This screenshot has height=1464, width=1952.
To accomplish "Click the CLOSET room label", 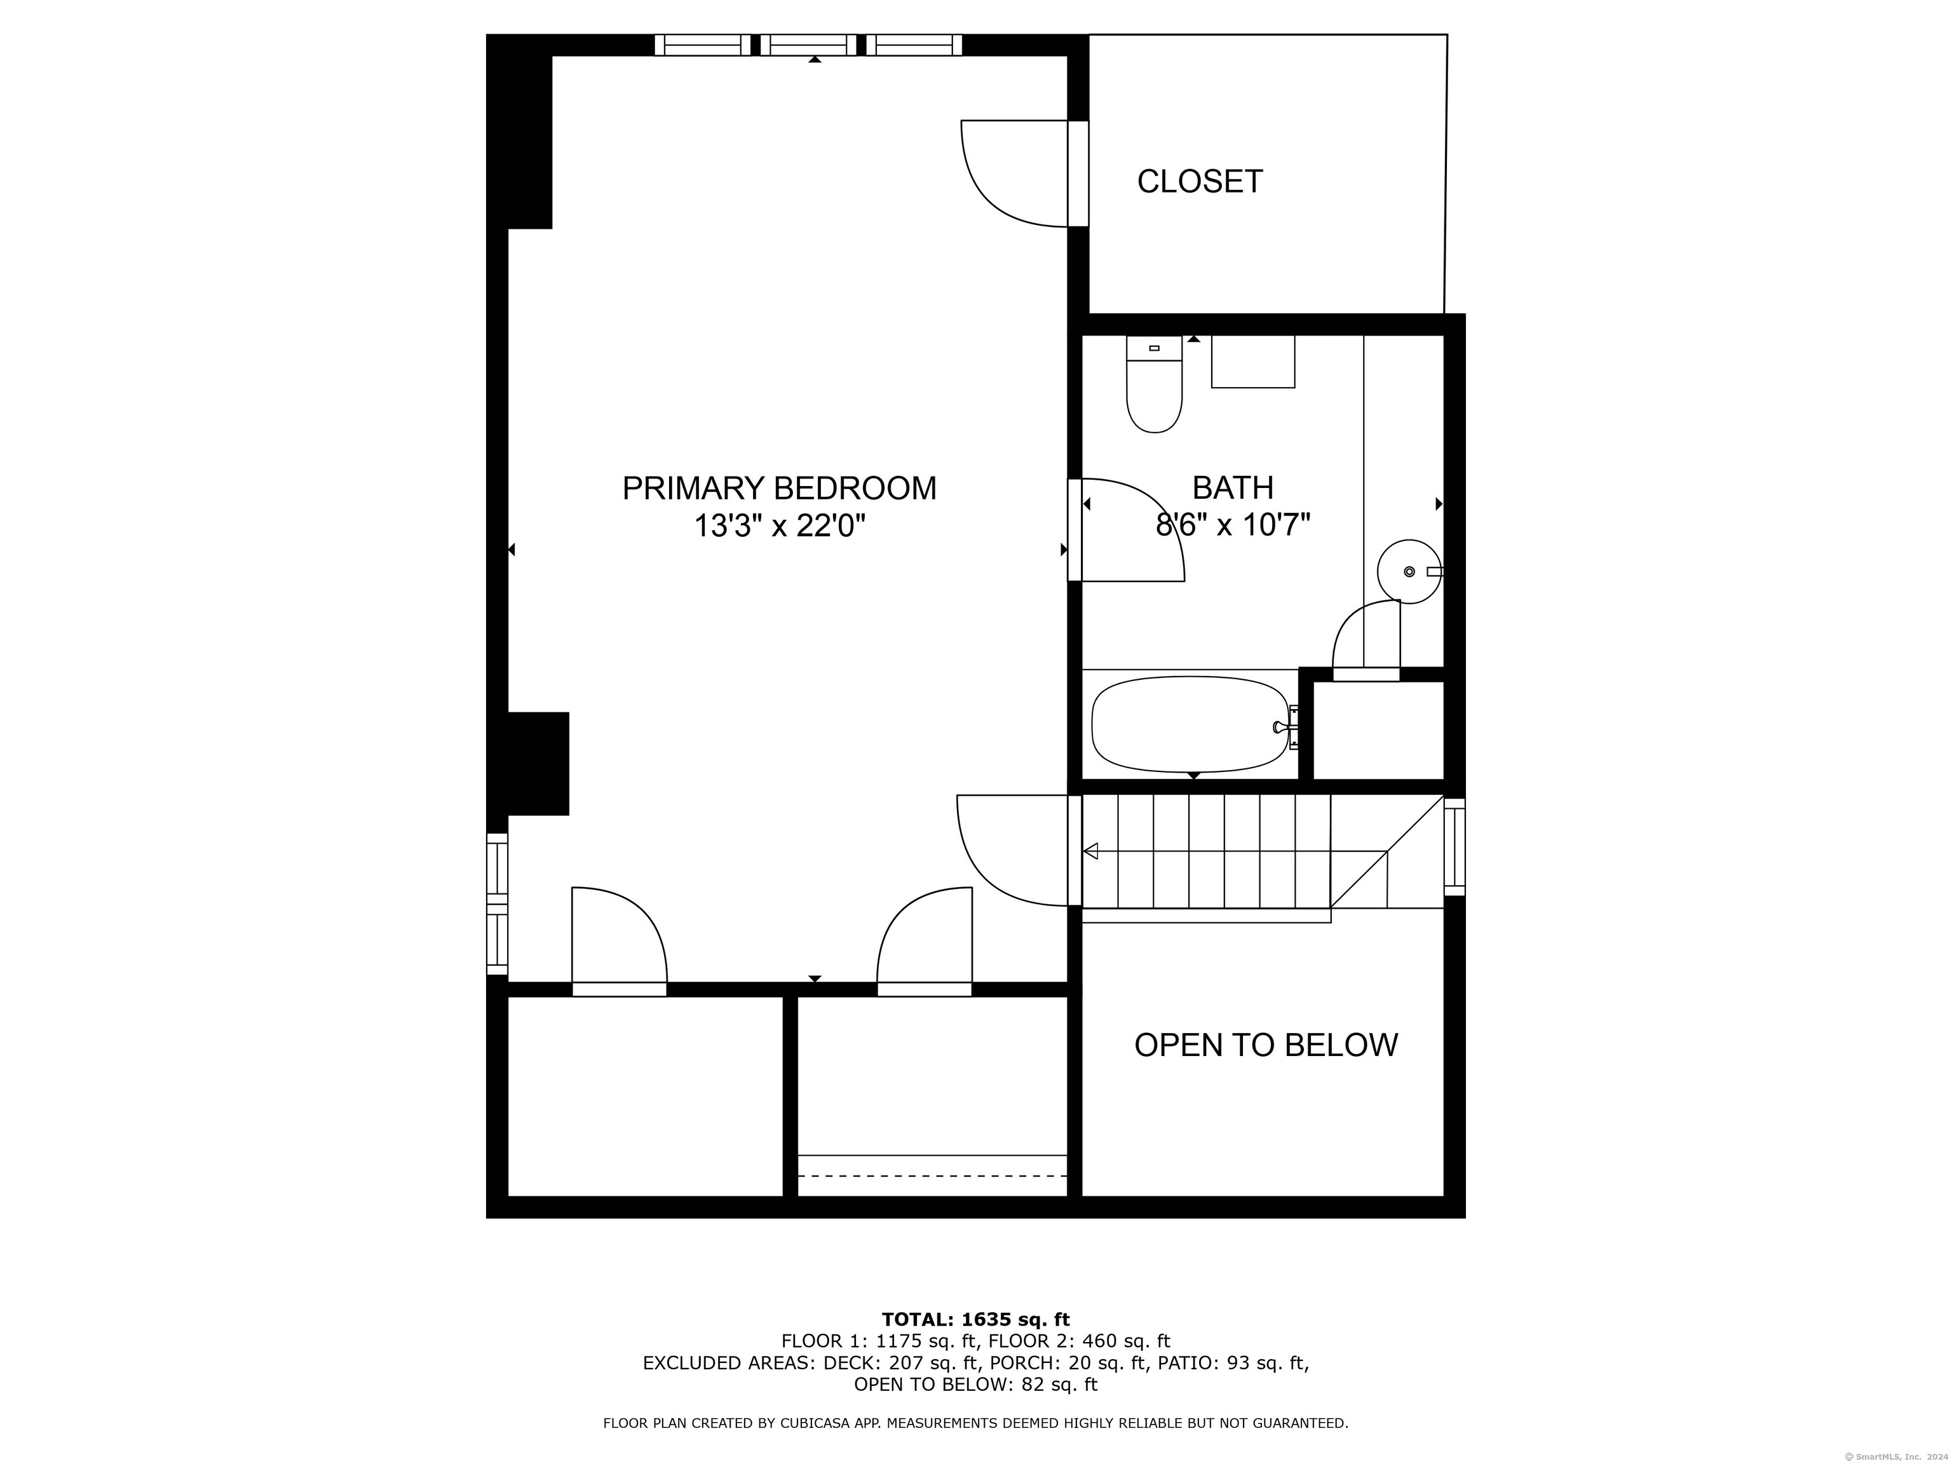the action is pyautogui.click(x=1199, y=182).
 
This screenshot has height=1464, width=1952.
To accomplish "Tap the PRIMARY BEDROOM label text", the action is pyautogui.click(x=779, y=488).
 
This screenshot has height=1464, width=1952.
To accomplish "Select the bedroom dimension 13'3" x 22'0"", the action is pyautogui.click(x=779, y=526).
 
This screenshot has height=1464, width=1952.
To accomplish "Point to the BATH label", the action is pyautogui.click(x=1233, y=488).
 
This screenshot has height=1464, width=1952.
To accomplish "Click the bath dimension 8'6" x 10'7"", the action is pyautogui.click(x=1233, y=526).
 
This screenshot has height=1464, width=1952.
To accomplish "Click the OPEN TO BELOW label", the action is pyautogui.click(x=1266, y=1045).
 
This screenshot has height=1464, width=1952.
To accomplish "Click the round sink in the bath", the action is pyautogui.click(x=1409, y=572).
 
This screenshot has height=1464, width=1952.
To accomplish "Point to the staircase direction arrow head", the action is pyautogui.click(x=1091, y=851).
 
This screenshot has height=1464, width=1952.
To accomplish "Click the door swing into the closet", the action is pyautogui.click(x=1015, y=173).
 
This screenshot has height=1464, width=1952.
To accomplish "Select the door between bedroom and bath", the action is pyautogui.click(x=1132, y=529).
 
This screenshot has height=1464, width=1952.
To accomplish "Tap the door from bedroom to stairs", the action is pyautogui.click(x=1013, y=851).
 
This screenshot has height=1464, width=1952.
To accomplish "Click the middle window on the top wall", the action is pyautogui.click(x=808, y=45).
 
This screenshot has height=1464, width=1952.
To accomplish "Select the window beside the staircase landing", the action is pyautogui.click(x=1454, y=847).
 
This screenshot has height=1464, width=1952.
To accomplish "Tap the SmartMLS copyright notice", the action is pyautogui.click(x=1898, y=1456).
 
